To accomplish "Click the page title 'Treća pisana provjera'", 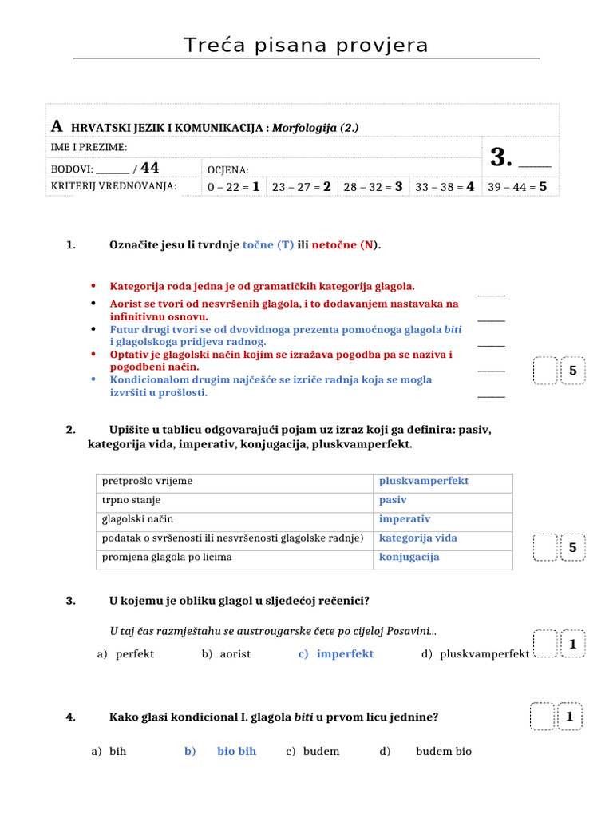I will pyautogui.click(x=306, y=46).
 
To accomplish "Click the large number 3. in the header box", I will pyautogui.click(x=500, y=157).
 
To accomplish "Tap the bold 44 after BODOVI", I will pyautogui.click(x=149, y=168).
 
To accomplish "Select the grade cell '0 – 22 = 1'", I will pyautogui.click(x=234, y=187).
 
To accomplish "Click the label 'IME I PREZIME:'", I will pyautogui.click(x=89, y=147).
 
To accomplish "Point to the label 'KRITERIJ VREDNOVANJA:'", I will pyautogui.click(x=113, y=186).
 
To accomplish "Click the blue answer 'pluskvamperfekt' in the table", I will pyautogui.click(x=424, y=482).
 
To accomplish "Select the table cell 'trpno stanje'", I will pyautogui.click(x=132, y=500).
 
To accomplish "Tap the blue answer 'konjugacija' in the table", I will pyautogui.click(x=409, y=557).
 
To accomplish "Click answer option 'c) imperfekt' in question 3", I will pyautogui.click(x=336, y=654).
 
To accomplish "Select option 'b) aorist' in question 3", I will pyautogui.click(x=226, y=654).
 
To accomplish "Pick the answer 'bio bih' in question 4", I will pyautogui.click(x=236, y=752).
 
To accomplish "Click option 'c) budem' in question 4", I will pyautogui.click(x=313, y=752).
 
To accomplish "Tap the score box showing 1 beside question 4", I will pyautogui.click(x=570, y=717).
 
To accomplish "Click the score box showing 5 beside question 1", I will pyautogui.click(x=573, y=371).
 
